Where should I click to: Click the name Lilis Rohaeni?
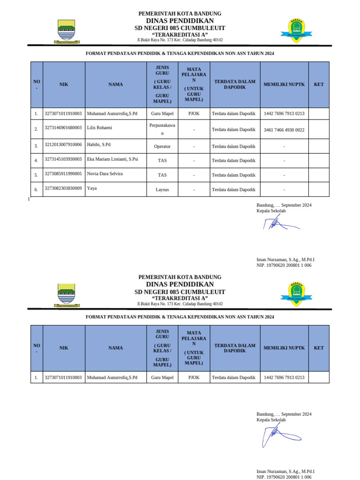coord(99,127)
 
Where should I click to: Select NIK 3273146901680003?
coord(63,127)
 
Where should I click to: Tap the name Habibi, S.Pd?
coord(98,145)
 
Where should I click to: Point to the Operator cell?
coord(162,147)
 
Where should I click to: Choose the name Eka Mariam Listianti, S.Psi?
coord(112,159)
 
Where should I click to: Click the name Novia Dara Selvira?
coord(105,173)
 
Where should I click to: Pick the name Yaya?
coord(92,188)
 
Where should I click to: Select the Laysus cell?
coord(162,190)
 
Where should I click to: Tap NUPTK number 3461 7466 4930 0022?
coord(284,130)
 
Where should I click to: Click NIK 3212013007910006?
coord(63,145)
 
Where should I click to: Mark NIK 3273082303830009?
coord(63,188)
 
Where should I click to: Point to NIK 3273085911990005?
coord(63,173)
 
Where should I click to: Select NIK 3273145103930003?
coord(63,159)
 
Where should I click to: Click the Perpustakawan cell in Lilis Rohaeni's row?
coord(162,129)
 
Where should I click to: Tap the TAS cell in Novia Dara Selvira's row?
coord(162,175)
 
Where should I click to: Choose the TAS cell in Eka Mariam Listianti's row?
coord(162,161)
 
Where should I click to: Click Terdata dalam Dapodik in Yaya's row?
coord(233,190)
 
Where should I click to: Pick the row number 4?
coord(36,161)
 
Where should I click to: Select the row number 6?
coord(36,190)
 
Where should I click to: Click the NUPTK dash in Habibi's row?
coord(284,147)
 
